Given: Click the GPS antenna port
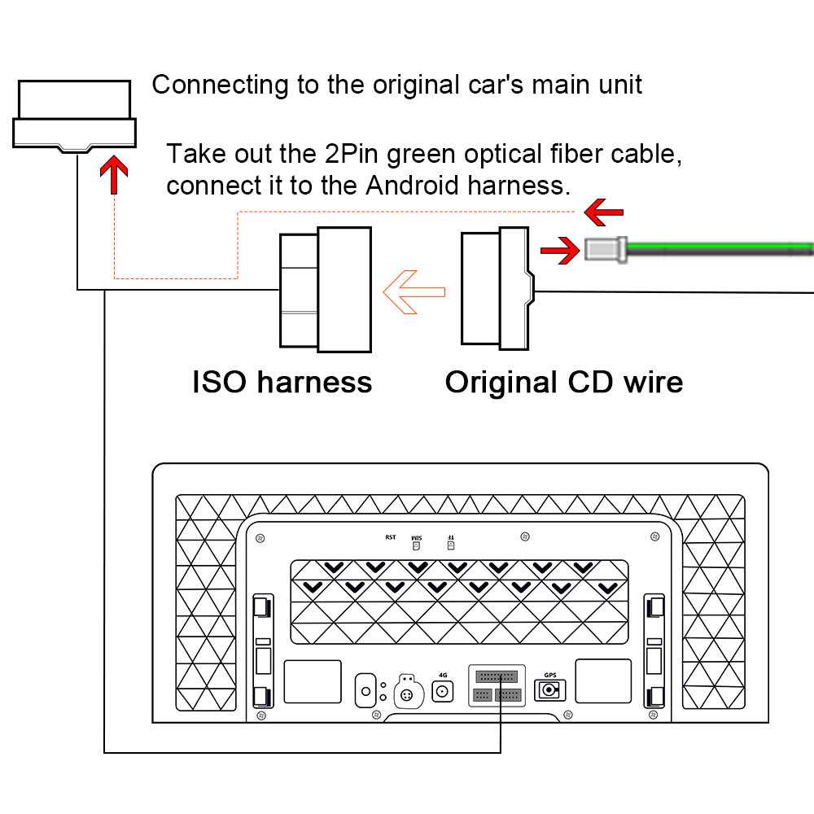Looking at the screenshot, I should pos(549,691).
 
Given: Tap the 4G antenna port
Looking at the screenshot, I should pos(443,692).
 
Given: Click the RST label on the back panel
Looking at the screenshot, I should pos(391,537).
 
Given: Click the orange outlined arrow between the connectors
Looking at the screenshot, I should pos(414,292).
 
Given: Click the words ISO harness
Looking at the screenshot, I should pos(282,382).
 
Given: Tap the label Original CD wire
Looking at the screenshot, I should pos(563,382).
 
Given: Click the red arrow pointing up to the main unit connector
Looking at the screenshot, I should pos(115,176).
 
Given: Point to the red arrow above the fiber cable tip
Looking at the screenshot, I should pos(604,212).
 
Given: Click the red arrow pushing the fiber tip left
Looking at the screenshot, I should pos(561,252).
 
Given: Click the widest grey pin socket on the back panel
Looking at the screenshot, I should pos(497,676).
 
